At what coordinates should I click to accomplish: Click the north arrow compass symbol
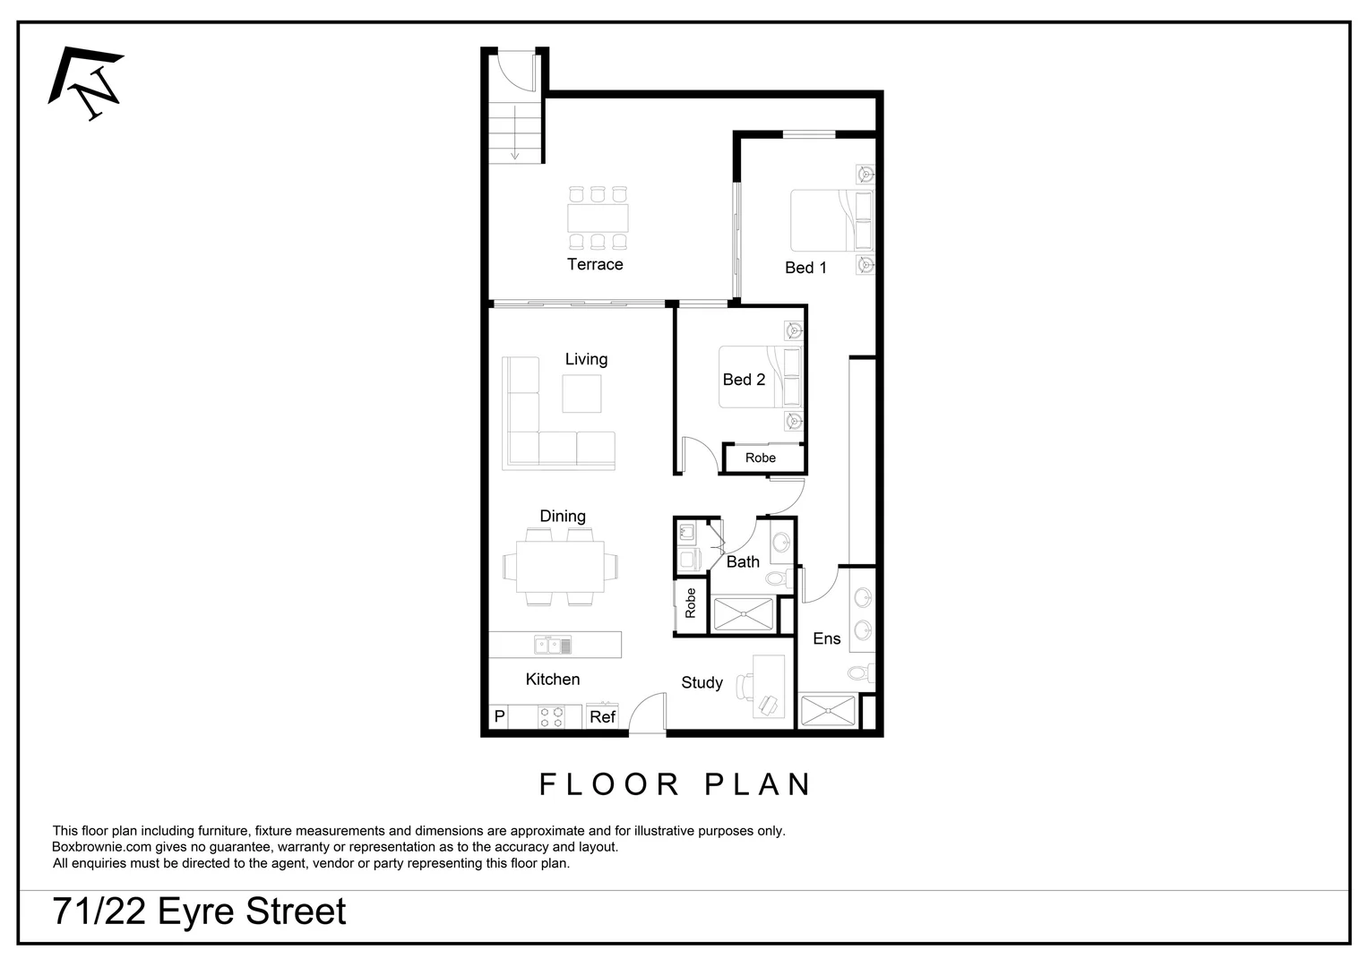87,83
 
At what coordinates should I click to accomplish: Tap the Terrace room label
595,264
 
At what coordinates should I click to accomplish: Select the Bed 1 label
805,267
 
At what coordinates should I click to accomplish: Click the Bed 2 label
744,380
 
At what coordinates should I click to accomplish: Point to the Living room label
586,359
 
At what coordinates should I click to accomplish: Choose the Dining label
563,516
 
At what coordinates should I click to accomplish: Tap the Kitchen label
552,679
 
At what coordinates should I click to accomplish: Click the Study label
702,682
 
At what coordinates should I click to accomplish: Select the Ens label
826,638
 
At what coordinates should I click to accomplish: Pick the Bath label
743,561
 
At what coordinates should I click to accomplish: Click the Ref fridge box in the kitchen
603,716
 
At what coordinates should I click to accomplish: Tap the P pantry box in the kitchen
500,716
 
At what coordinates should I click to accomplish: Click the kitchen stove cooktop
551,716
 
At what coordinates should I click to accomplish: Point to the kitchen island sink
553,645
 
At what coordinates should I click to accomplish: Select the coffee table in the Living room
581,393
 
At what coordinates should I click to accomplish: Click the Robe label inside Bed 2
761,458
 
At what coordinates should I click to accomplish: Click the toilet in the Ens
859,673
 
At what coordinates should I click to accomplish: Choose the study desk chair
747,687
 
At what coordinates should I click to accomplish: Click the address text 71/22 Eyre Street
200,911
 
